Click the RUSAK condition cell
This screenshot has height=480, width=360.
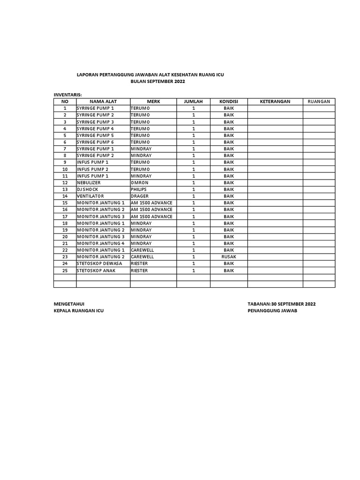(228, 257)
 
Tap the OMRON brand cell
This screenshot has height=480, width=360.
(140, 182)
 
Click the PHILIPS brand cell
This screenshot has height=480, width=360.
(139, 189)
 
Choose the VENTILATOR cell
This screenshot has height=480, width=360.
(90, 196)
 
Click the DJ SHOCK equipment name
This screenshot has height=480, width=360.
(88, 189)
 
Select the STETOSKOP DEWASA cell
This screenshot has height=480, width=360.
(99, 263)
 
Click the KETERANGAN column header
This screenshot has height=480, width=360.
(275, 101)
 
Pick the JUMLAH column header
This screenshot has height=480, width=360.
(193, 101)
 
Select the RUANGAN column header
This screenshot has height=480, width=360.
(319, 101)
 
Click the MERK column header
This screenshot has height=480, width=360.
(153, 101)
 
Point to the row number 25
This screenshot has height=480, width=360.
(65, 270)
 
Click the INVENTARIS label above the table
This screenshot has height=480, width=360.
(67, 95)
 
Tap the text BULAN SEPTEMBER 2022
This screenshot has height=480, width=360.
(157, 82)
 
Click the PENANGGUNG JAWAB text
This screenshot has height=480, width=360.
(272, 311)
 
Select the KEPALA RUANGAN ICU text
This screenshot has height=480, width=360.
(79, 311)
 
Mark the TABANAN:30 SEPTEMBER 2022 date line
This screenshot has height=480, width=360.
(281, 304)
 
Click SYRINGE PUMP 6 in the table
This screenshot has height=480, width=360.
(95, 142)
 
